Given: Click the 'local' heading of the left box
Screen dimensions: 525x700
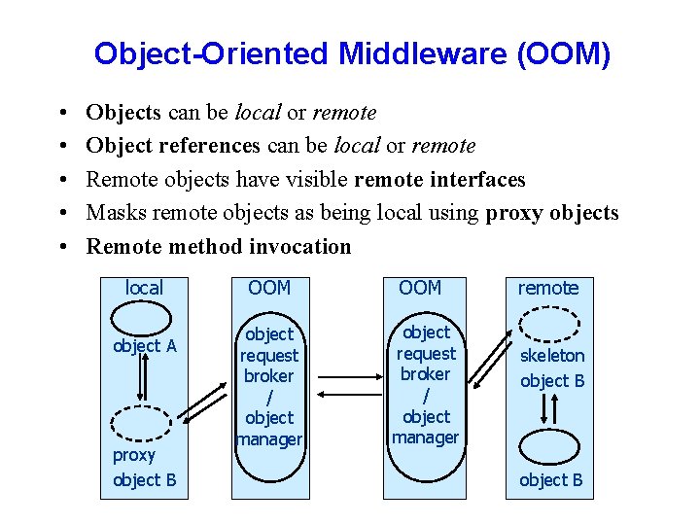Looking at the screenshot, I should [x=144, y=288].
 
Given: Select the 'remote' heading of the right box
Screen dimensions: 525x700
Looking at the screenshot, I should [x=547, y=288].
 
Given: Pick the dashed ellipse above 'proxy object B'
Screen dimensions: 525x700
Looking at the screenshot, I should [x=143, y=422].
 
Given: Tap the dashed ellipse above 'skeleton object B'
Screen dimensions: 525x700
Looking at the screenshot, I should [x=548, y=324].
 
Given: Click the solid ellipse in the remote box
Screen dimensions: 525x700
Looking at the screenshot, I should [x=550, y=446].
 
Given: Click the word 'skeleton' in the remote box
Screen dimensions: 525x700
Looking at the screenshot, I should [x=552, y=356].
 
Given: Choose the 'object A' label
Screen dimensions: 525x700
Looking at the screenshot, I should [x=144, y=345].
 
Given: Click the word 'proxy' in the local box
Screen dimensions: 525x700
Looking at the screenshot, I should [x=133, y=455].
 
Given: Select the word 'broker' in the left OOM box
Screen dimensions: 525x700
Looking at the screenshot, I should [x=269, y=376].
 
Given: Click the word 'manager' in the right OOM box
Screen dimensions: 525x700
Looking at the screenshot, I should [x=425, y=437].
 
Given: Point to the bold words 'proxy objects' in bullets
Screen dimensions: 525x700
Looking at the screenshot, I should [x=551, y=213].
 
